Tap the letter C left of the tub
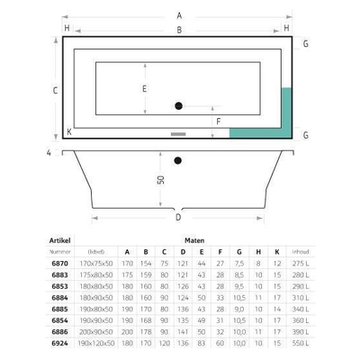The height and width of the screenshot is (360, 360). point(55,89)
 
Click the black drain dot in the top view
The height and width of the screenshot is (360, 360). point(178,106)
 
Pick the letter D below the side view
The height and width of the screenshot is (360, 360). point(178,217)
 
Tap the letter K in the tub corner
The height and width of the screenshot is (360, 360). point(69,130)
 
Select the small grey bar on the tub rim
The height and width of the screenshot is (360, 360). point(177,134)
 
